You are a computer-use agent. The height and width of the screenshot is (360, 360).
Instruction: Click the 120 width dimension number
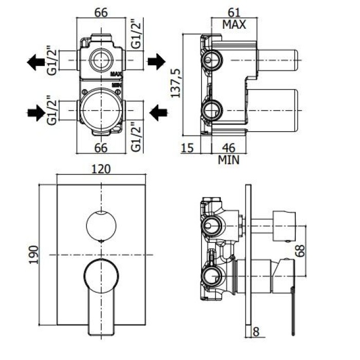pos(101,169)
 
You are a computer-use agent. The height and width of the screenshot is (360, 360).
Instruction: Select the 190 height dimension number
pos(32,255)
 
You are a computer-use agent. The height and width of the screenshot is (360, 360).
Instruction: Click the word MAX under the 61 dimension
pos(234,24)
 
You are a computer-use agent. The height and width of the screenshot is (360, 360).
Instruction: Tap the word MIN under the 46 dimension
pos(229,159)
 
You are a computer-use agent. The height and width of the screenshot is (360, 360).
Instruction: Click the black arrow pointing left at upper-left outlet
pos(35,63)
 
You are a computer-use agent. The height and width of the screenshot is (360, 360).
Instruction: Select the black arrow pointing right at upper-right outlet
pos(156,63)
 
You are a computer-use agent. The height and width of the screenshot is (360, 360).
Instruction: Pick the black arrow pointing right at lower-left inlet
pos(35,110)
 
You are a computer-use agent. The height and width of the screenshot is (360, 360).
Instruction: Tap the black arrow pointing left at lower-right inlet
pos(157,110)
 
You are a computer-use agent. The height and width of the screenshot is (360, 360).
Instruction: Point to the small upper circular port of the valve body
pos(101,60)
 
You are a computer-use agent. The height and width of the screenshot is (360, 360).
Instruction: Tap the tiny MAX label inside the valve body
pos(116,75)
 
